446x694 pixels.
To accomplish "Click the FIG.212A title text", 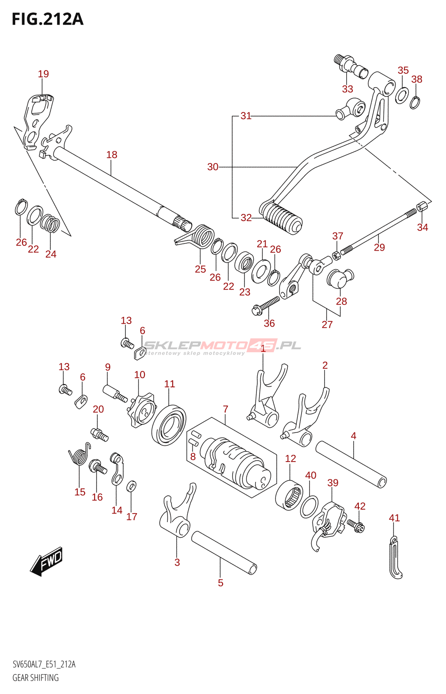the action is click(x=48, y=19).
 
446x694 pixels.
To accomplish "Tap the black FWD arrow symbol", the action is click(x=46, y=561).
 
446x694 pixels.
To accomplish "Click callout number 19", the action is click(x=43, y=74).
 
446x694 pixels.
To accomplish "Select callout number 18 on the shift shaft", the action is click(x=111, y=154).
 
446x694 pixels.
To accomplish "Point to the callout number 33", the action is click(x=348, y=89).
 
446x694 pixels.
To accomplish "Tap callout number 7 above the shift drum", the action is click(x=225, y=409).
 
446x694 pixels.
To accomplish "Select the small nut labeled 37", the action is click(x=336, y=255).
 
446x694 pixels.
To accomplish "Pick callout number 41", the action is click(x=394, y=518).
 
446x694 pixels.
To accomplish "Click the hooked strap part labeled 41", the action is click(x=395, y=557).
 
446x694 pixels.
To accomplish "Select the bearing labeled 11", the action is click(x=169, y=425).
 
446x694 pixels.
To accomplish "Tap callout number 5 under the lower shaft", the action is click(x=220, y=583).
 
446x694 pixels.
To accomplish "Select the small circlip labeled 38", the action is click(x=415, y=103).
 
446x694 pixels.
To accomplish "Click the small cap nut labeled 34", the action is click(x=420, y=206).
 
